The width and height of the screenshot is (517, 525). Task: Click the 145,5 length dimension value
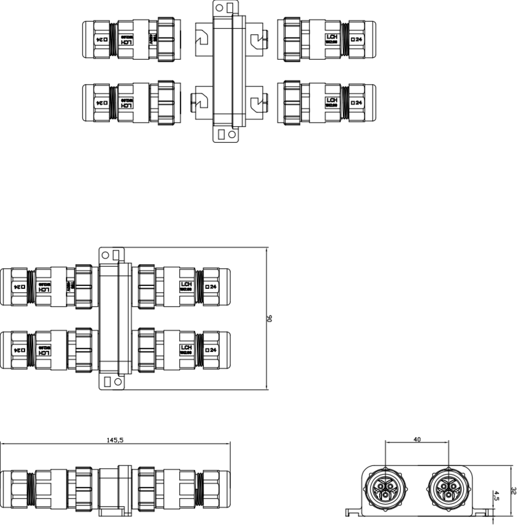coord(115,441)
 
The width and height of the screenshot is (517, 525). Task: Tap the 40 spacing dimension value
coord(417,440)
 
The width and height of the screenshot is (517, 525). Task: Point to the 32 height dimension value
coord(514,492)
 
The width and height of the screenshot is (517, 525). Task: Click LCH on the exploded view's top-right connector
coord(331,38)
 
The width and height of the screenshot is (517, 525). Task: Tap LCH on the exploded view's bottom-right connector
coord(331,100)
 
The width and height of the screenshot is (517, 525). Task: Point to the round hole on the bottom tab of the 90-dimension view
coord(119,381)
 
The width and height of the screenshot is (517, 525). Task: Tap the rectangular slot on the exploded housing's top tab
coord(230,7)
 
